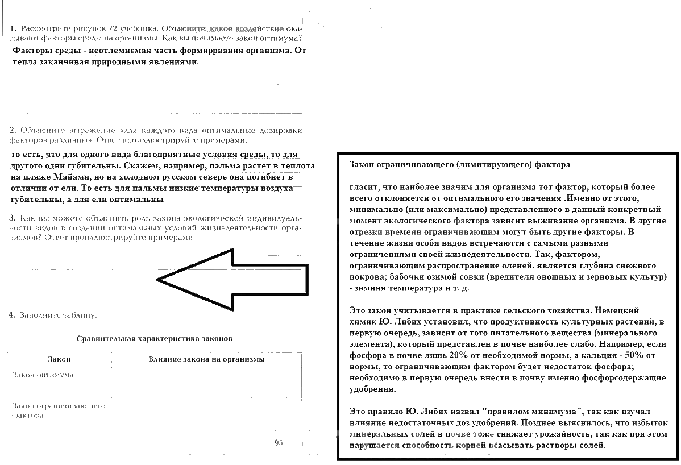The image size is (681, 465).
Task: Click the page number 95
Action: (x=278, y=442)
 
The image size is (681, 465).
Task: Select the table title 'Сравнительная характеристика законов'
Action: (x=154, y=338)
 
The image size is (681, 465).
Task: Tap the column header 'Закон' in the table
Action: (x=59, y=359)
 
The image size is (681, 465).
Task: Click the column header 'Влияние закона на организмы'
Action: (x=206, y=359)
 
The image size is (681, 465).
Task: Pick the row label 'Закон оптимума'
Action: (x=43, y=375)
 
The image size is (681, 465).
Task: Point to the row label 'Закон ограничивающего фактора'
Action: (x=58, y=410)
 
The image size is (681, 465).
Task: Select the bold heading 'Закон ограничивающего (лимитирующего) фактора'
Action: (x=459, y=165)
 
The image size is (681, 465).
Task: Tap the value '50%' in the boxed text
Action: (x=629, y=355)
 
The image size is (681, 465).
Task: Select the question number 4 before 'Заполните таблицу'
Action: (x=12, y=315)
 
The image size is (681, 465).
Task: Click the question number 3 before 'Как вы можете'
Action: (x=12, y=218)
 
